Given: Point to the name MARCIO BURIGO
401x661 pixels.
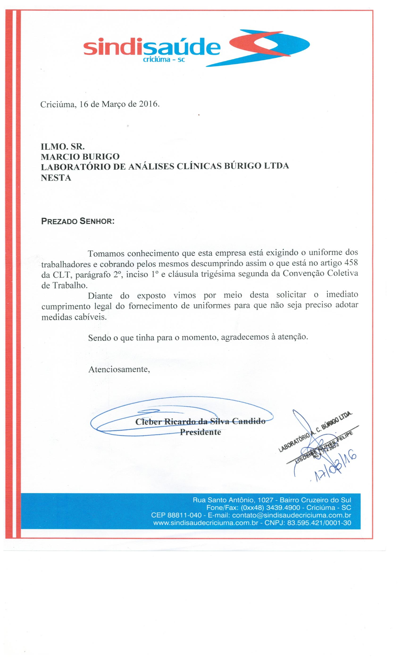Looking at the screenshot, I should click(x=80, y=156).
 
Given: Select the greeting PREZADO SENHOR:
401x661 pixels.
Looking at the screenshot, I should click(x=78, y=222).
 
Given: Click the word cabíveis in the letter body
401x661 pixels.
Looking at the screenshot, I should click(x=91, y=317).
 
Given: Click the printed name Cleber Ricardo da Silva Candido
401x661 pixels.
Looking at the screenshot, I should click(x=200, y=421).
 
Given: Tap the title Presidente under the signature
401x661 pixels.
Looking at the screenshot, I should click(x=200, y=432).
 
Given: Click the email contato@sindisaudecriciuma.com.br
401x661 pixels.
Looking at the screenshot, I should click(x=292, y=515).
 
